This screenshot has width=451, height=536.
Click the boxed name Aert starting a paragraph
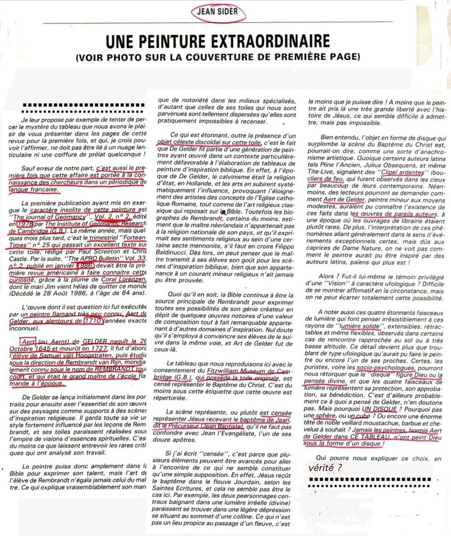tap(28, 342)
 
